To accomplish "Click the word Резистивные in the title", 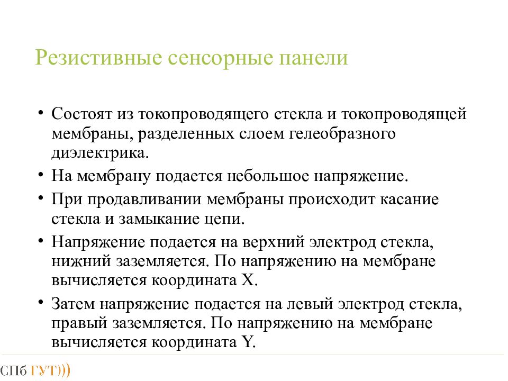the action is pyautogui.click(x=98, y=58).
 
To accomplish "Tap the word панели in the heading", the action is pyautogui.click(x=313, y=58).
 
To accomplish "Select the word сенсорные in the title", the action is pyautogui.click(x=220, y=58).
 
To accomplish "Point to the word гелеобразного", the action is pyautogui.click(x=342, y=134).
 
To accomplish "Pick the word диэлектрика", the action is pyautogui.click(x=100, y=152).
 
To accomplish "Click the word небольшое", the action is pyautogui.click(x=268, y=176).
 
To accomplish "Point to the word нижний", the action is pyautogui.click(x=81, y=261).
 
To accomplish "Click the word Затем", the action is pyautogui.click(x=73, y=304).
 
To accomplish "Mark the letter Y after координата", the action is pyautogui.click(x=247, y=342).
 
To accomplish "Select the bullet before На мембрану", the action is pyautogui.click(x=41, y=175).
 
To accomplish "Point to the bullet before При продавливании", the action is pyautogui.click(x=41, y=197).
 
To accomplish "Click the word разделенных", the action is pyautogui.click(x=186, y=134).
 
